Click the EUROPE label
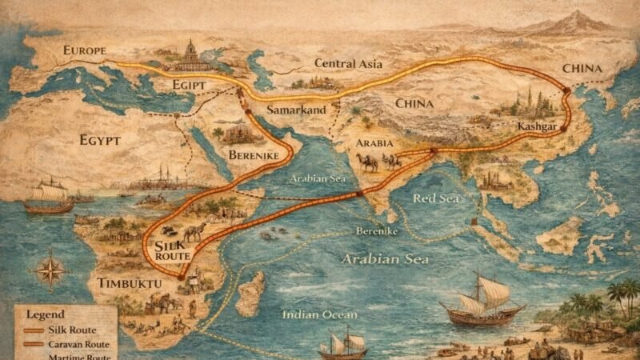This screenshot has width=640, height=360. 85,52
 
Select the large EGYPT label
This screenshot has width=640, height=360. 100,142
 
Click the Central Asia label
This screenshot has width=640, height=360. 349,63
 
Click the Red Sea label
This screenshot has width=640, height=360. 436,198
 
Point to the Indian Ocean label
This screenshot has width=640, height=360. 318,314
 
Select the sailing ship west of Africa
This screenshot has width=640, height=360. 50,196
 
